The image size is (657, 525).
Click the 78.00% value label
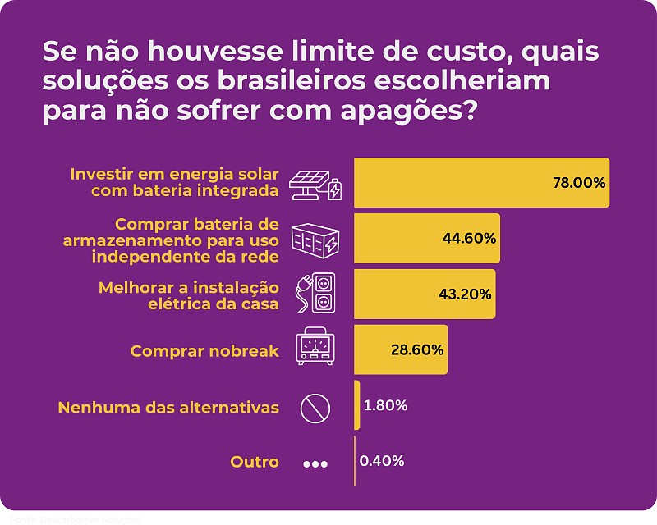pyautogui.click(x=579, y=182)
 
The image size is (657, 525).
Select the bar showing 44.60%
pyautogui.click(x=427, y=238)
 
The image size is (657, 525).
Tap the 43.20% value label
pyautogui.click(x=466, y=294)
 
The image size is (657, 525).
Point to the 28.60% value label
pyautogui.click(x=417, y=349)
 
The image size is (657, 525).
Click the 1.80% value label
pyautogui.click(x=385, y=405)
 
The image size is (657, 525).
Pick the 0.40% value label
pyautogui.click(x=383, y=461)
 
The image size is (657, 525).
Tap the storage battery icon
pyautogui.click(x=315, y=240)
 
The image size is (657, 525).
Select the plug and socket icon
pyautogui.click(x=315, y=294)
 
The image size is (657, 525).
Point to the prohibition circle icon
pyautogui.click(x=315, y=407)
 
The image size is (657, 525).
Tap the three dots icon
pyautogui.click(x=315, y=464)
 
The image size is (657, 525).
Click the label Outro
pyautogui.click(x=255, y=463)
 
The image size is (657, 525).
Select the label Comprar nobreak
pyautogui.click(x=204, y=351)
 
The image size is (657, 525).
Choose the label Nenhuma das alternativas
pyautogui.click(x=168, y=407)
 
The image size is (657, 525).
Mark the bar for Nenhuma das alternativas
pyautogui.click(x=357, y=405)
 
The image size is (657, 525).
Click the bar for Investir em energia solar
pyautogui.click(x=481, y=182)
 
